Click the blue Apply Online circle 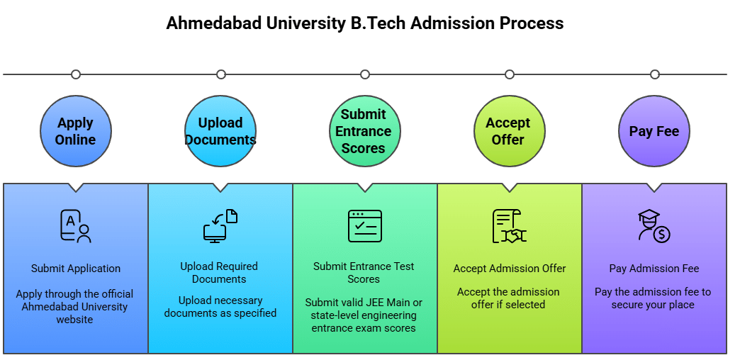point(76,131)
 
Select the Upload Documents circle point(220,131)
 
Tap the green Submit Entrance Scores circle point(364,131)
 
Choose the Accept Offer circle point(509,131)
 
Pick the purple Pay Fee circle point(654,131)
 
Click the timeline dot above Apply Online point(76,74)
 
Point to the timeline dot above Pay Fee point(654,74)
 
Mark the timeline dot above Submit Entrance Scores point(365,74)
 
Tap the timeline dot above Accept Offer point(509,74)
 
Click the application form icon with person point(76,227)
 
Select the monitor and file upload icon point(220,227)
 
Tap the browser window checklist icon point(365,226)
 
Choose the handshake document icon point(509,227)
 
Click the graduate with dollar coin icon point(654,227)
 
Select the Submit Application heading point(76,269)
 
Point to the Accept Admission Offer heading point(510,269)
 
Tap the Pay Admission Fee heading point(654,269)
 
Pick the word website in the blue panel point(74,320)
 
